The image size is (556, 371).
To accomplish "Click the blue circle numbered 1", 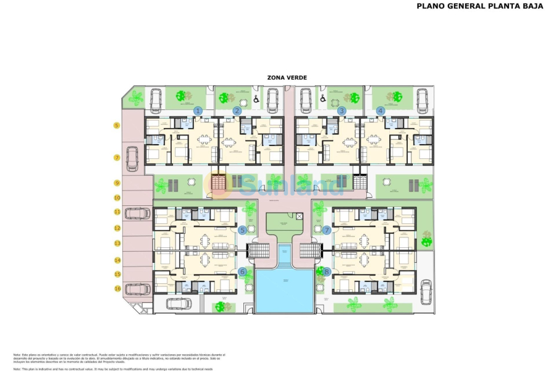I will [x=198, y=111].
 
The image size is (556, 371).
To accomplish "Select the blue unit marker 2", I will [x=237, y=111].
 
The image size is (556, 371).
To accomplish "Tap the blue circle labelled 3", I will [x=342, y=111].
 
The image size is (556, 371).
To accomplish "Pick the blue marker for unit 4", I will [x=381, y=111].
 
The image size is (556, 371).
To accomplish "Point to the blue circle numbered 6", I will [x=242, y=271].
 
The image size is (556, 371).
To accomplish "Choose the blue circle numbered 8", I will [x=327, y=271].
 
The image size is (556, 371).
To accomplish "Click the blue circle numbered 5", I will [x=242, y=230].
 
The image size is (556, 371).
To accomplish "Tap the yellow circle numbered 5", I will [x=116, y=126].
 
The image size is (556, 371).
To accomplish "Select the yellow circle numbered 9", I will [x=116, y=183].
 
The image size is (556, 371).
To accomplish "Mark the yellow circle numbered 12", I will [x=116, y=228].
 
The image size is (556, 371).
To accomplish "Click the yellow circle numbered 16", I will [x=116, y=288].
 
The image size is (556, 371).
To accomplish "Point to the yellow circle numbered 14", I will [x=116, y=260].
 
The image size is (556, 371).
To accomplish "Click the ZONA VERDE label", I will [x=287, y=77].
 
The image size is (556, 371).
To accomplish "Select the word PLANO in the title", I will [x=431, y=6].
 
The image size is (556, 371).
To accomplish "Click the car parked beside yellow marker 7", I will [x=132, y=158].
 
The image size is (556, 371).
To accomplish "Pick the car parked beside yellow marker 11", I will [x=137, y=213].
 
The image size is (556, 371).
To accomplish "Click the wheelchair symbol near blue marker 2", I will [x=256, y=98].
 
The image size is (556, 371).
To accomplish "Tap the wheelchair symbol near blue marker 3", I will [x=321, y=98].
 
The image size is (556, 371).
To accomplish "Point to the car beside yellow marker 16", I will [x=137, y=288].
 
